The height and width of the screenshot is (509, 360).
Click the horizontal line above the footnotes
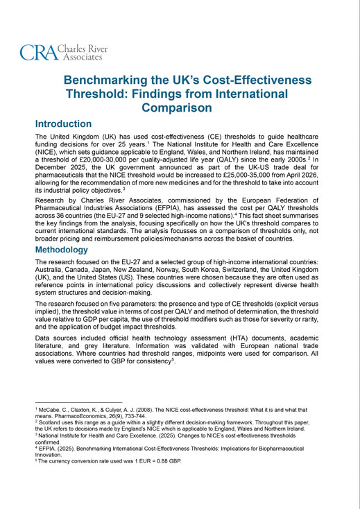click(78, 402)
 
